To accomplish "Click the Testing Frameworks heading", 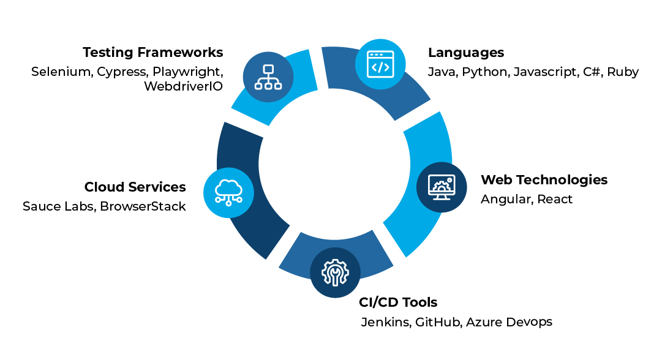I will click(x=152, y=52).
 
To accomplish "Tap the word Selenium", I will click(x=61, y=72).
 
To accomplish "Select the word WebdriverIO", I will click(x=183, y=86).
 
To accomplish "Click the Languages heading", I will click(x=466, y=52).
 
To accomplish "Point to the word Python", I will click(x=484, y=72).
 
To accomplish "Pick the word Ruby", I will click(x=623, y=72).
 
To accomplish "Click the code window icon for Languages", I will click(x=380, y=64).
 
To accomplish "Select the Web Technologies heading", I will click(x=544, y=179).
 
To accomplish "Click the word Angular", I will click(x=506, y=199).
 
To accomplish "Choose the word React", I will click(x=555, y=199).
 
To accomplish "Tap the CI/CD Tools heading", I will click(x=398, y=302).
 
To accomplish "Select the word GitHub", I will click(x=437, y=322).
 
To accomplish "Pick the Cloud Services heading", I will click(x=135, y=187).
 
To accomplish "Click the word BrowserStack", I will click(x=143, y=206).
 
